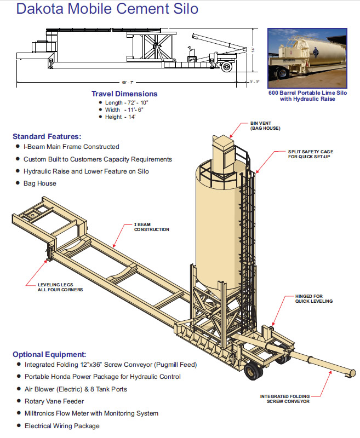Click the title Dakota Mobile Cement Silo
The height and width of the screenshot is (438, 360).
107,9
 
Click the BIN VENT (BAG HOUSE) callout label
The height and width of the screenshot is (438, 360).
265,125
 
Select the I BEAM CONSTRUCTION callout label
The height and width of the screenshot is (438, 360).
152,227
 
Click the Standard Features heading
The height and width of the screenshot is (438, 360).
47,136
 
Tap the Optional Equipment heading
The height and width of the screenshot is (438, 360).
49,354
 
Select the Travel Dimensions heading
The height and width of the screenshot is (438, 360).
124,94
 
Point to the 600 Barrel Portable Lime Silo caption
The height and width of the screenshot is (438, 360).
307,96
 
